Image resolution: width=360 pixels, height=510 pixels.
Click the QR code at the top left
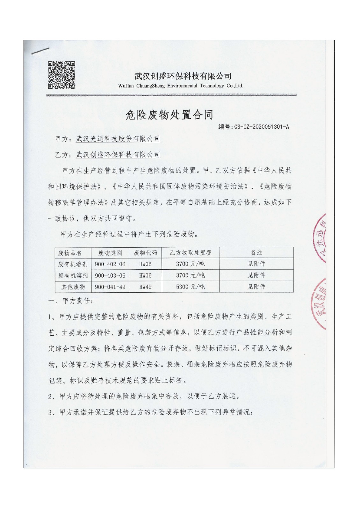(61, 75)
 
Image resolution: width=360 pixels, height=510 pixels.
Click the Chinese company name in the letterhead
(183, 76)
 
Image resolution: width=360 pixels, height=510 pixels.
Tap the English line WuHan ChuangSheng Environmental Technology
(180, 86)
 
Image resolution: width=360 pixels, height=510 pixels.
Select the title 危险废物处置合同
(169, 115)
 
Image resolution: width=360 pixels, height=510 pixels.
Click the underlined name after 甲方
(118, 139)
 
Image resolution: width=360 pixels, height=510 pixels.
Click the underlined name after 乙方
(118, 155)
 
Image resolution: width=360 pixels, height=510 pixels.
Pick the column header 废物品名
(70, 253)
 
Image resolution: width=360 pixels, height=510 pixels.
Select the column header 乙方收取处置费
(190, 253)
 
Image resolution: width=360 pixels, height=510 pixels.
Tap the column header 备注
(256, 253)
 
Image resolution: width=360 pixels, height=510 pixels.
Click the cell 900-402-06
(110, 264)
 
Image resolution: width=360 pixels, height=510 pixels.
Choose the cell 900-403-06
(110, 275)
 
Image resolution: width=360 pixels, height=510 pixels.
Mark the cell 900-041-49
(110, 287)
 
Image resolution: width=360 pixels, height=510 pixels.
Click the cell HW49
(145, 287)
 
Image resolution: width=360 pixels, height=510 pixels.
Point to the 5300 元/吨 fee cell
(190, 287)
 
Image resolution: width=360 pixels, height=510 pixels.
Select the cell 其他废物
(73, 287)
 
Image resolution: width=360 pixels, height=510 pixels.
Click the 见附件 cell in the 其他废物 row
(256, 287)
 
